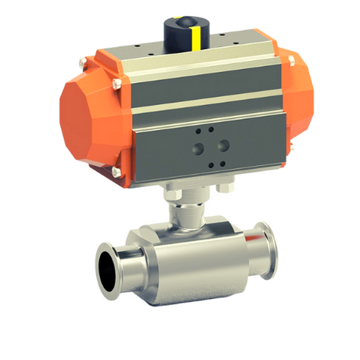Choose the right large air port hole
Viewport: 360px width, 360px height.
point(224,144)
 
